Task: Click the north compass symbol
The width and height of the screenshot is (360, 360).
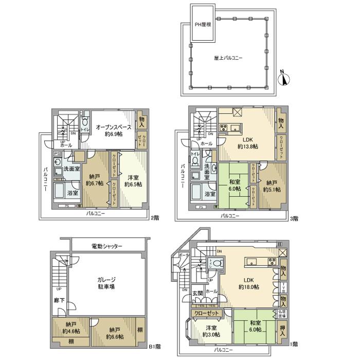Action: (284, 79)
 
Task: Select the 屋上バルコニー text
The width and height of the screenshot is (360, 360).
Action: (229, 58)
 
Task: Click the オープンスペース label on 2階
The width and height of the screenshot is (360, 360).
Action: (113, 127)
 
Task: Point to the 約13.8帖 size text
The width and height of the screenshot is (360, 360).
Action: (248, 146)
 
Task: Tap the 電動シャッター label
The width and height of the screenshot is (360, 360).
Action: (106, 246)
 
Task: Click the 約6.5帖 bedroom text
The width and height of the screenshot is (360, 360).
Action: (132, 183)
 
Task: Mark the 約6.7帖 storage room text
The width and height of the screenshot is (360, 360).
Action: (95, 183)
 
